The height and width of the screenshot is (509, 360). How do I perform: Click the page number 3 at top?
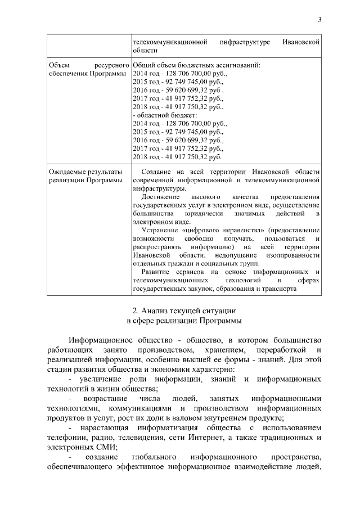click(319, 20)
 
